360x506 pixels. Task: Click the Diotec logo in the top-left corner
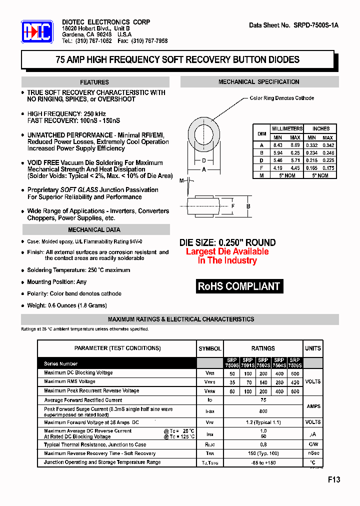coord(37,32)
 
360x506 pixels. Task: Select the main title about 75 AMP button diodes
coord(177,60)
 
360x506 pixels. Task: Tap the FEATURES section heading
coord(94,82)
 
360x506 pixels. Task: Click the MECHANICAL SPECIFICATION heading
coord(259,82)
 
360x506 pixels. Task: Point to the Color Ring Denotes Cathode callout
coord(281,98)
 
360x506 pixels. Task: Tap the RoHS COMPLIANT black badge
coord(239,286)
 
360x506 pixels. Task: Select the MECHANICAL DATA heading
coord(94,230)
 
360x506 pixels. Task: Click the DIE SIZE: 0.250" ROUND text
coord(227,242)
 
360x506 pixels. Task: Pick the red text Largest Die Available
coord(227,251)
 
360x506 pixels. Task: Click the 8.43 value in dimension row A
coord(277,145)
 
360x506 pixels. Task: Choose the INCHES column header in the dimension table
coord(320,128)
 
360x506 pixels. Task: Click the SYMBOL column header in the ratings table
coord(210,348)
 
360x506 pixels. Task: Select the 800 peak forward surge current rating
coord(263,411)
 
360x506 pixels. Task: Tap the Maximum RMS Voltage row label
coord(69,381)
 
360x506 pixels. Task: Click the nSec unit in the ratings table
coord(313,453)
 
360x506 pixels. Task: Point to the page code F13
coord(333,479)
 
